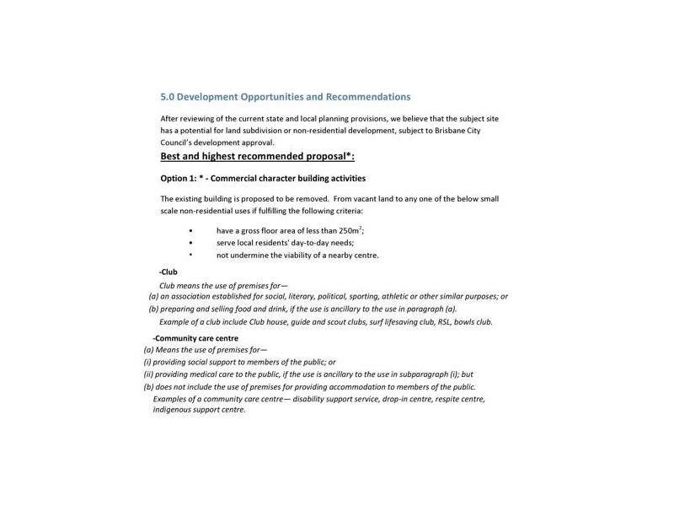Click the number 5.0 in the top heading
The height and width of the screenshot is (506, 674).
(x=168, y=97)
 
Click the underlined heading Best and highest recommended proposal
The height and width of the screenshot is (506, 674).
(x=258, y=156)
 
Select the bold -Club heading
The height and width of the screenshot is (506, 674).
(x=168, y=272)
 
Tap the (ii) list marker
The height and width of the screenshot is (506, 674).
(x=149, y=374)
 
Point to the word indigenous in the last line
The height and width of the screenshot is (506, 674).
(x=174, y=410)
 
